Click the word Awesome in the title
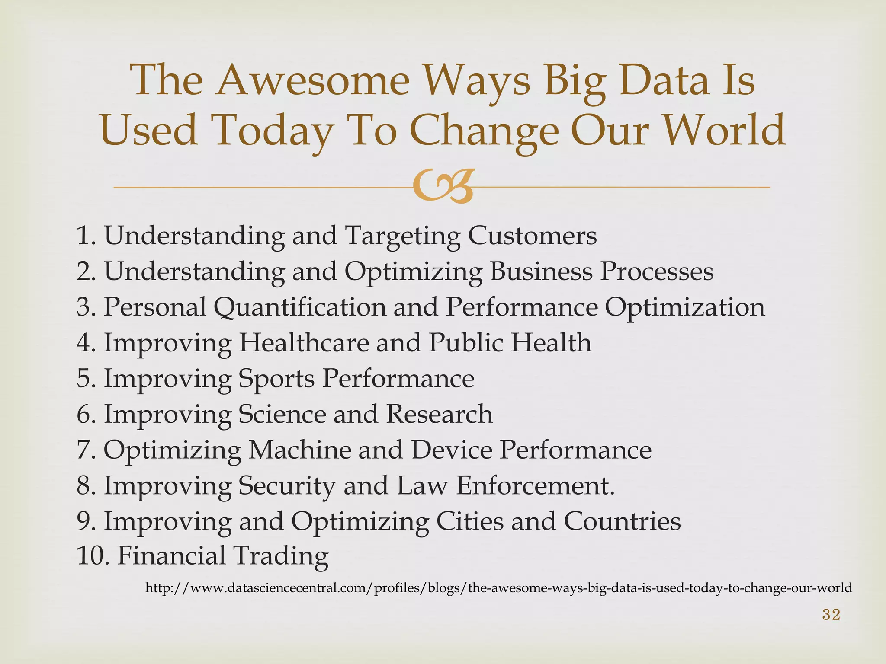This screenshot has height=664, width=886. point(313,80)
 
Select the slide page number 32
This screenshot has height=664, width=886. point(831,614)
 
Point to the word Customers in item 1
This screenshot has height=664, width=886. point(532,236)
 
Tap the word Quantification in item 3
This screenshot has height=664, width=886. point(299,307)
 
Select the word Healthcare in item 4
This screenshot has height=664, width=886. point(303,343)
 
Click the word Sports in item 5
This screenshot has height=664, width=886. point(276,379)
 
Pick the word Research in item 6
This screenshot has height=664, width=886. point(439,414)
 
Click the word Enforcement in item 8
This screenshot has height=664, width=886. point(535,485)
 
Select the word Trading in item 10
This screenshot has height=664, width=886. point(280,556)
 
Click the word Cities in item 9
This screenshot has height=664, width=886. point(470,521)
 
